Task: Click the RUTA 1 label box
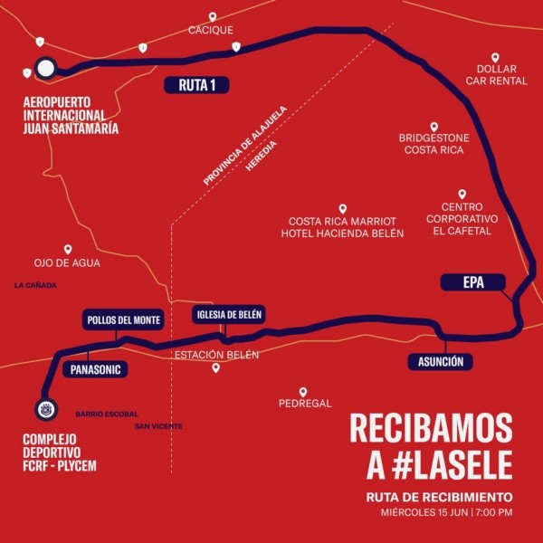[x=196, y=86]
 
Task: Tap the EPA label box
[x=473, y=282]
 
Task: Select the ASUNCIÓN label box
[x=441, y=362]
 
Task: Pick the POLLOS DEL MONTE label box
[x=123, y=320]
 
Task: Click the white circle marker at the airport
[x=45, y=68]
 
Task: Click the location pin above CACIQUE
[x=213, y=17]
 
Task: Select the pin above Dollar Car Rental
[x=495, y=57]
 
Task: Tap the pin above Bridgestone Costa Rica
[x=433, y=127]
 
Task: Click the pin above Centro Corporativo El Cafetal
[x=462, y=194]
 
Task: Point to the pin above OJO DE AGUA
[x=67, y=249]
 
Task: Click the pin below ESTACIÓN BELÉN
[x=215, y=368]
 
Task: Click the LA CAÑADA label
[x=35, y=285]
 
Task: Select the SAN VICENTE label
[x=158, y=425]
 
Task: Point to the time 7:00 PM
[x=492, y=513]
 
